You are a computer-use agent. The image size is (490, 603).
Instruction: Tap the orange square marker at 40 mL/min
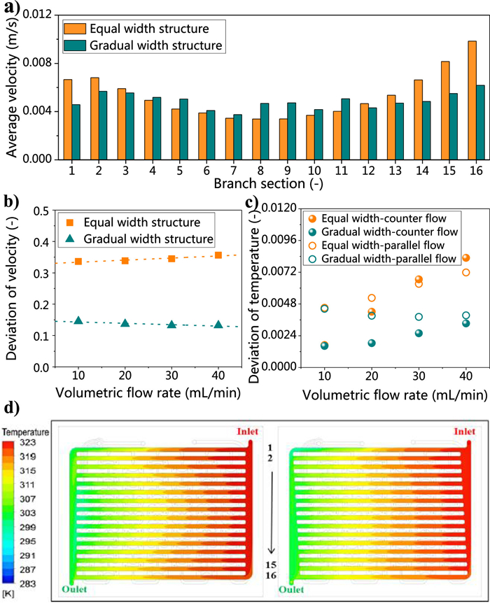(x=218, y=255)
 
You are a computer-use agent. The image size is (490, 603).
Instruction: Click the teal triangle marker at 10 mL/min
(x=78, y=320)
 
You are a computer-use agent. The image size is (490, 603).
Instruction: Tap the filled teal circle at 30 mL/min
(x=419, y=333)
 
